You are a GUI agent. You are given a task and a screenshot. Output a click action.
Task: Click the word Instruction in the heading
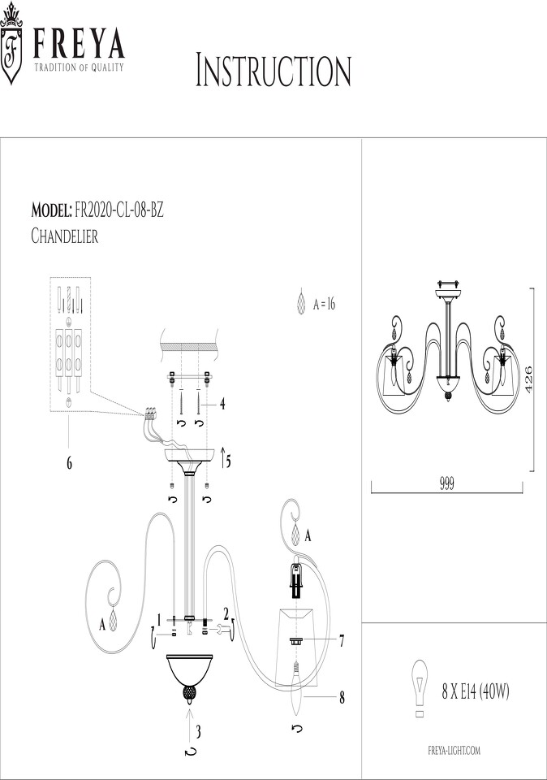273,71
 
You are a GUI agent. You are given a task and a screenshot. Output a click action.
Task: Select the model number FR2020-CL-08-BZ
119,211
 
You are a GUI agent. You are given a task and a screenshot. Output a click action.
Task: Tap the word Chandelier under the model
65,236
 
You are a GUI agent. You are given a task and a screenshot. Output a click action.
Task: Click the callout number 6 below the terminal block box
69,463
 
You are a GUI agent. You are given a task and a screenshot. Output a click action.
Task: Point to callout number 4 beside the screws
222,405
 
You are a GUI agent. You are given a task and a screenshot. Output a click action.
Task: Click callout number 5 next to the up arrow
228,462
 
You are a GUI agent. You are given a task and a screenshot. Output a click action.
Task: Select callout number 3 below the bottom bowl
198,732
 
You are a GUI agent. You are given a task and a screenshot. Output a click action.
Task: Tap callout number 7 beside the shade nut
342,642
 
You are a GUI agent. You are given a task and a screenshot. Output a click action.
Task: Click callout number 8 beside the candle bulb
342,698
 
